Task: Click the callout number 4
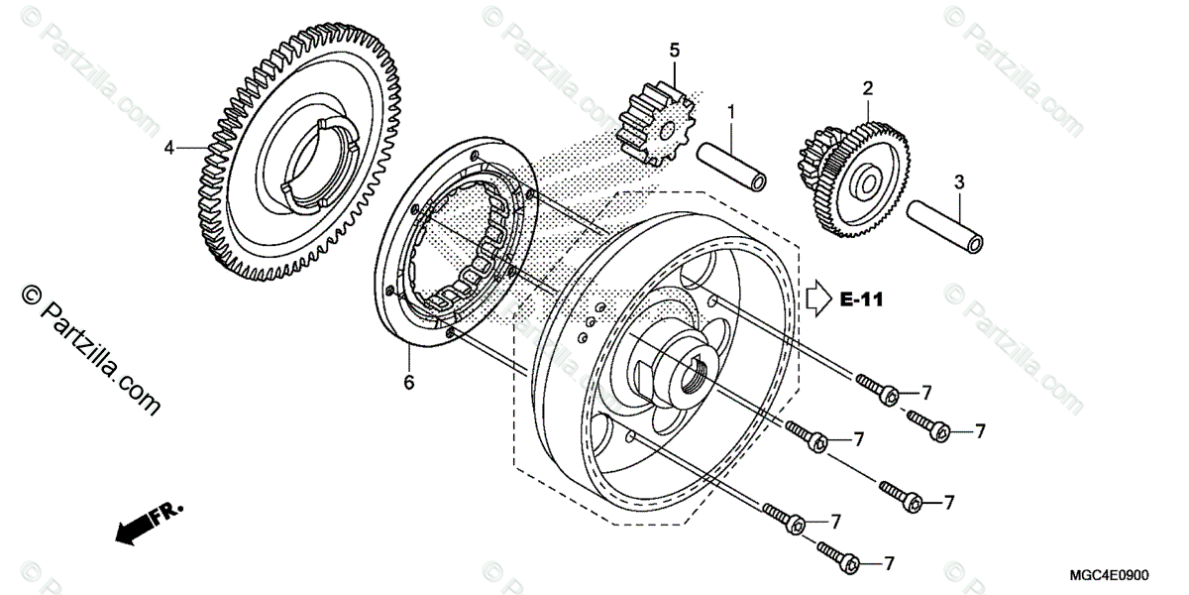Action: [x=169, y=148]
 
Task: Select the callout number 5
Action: [x=675, y=50]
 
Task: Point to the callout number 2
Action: [x=867, y=87]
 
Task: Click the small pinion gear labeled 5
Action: [x=655, y=124]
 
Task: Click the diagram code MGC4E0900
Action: [x=1128, y=574]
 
